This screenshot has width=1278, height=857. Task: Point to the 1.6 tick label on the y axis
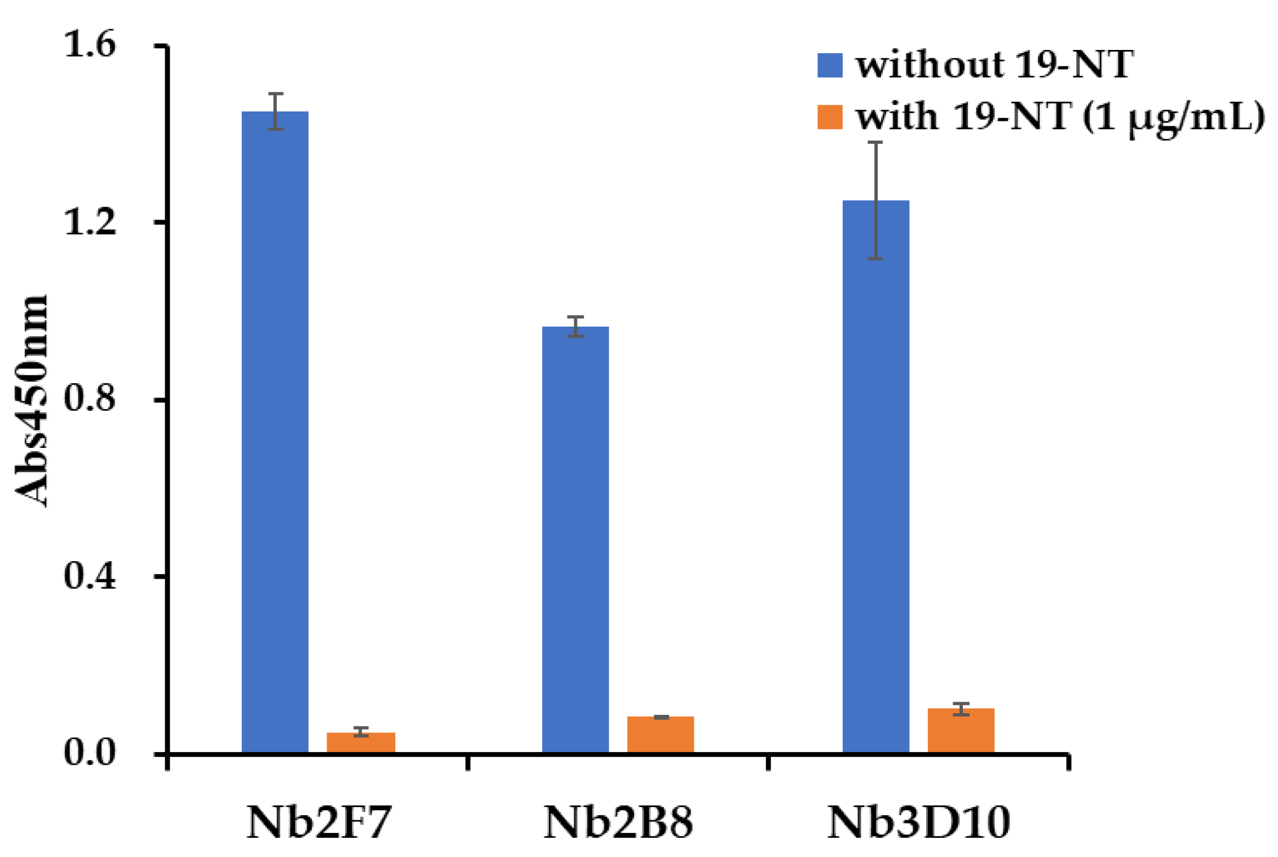click(x=90, y=44)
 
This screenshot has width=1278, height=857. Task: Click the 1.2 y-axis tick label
click(x=90, y=221)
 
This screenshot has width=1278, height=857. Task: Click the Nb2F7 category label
click(x=318, y=822)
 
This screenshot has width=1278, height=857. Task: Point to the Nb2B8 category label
click(x=618, y=822)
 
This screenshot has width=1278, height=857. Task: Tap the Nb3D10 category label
click(x=918, y=822)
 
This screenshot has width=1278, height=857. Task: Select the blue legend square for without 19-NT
click(x=829, y=65)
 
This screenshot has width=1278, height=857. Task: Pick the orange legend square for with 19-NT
click(x=829, y=117)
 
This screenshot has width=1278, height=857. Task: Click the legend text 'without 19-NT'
click(x=994, y=65)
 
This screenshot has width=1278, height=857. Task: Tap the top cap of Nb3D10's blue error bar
click(x=875, y=142)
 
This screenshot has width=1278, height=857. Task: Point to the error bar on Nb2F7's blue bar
click(x=276, y=111)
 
